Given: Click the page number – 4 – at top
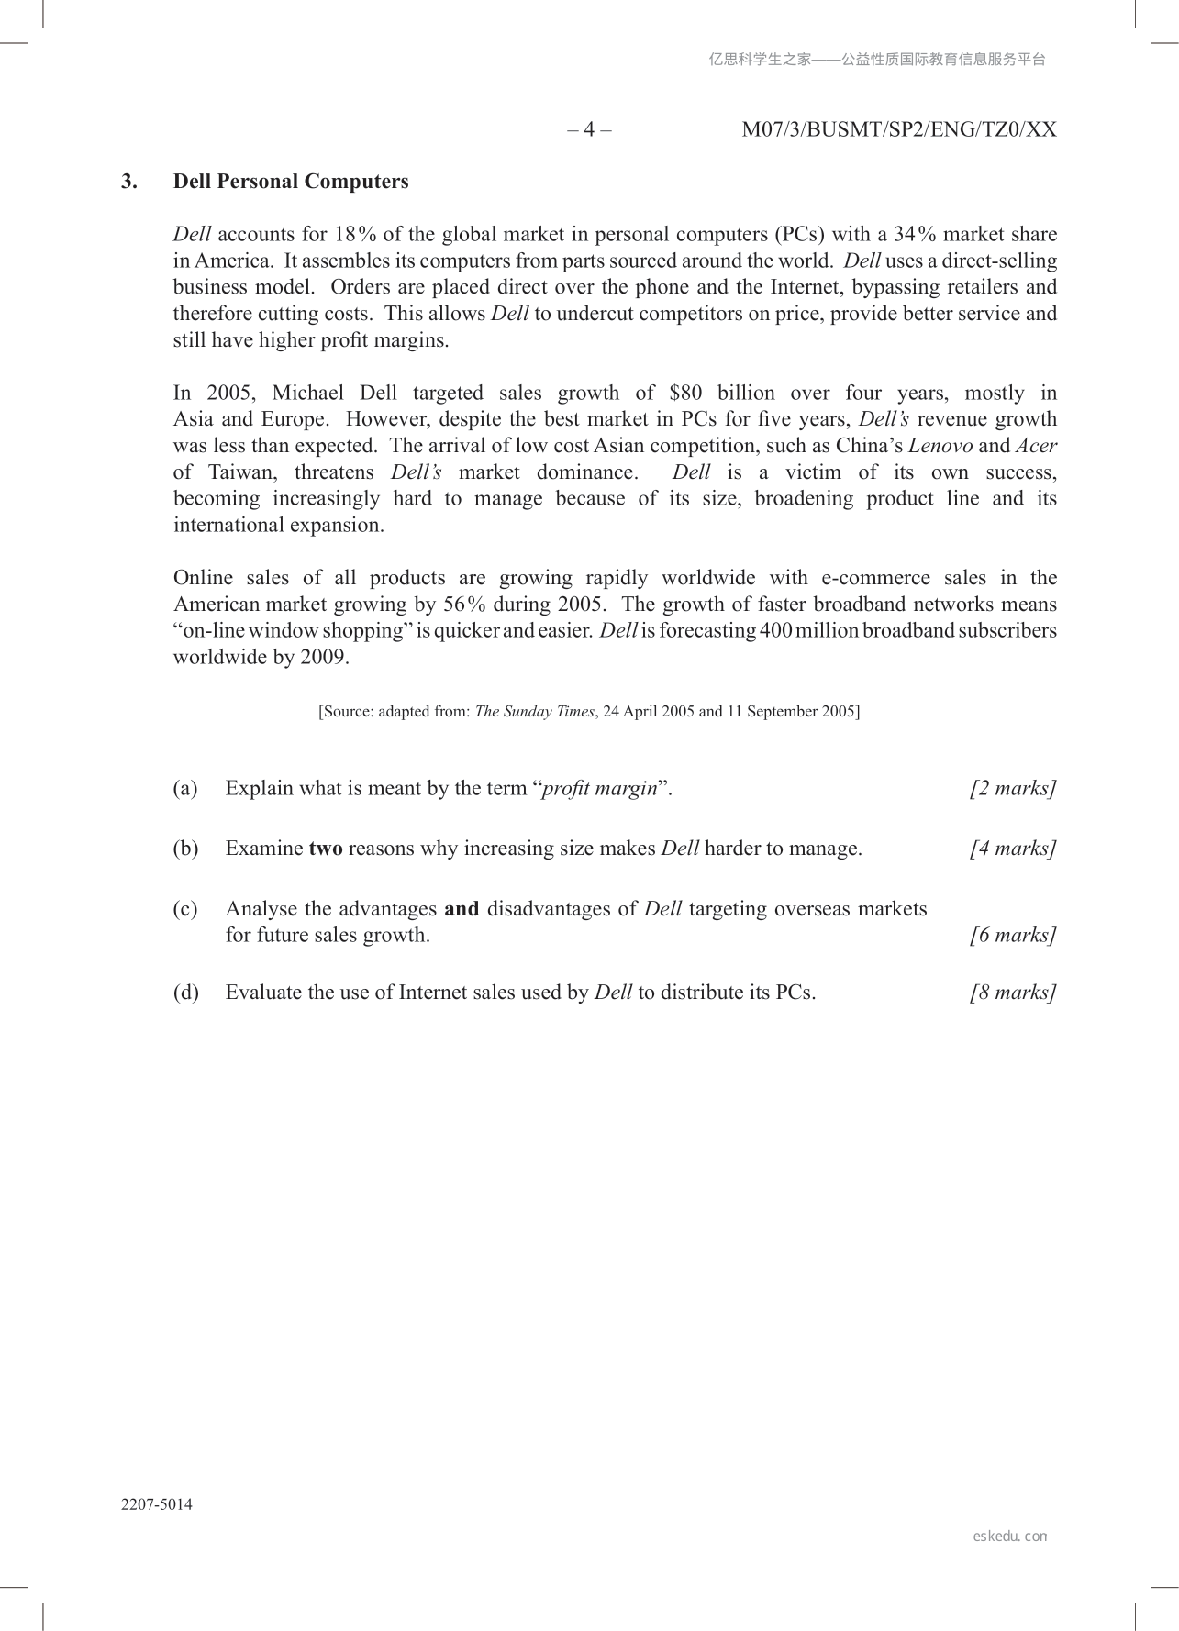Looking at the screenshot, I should coord(589,129).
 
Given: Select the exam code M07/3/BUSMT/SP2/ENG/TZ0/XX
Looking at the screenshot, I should coord(898,129).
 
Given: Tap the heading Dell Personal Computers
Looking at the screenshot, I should coord(291,182).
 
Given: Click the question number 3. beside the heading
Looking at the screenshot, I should coord(129,182).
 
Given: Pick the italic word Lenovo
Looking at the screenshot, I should coord(940,446).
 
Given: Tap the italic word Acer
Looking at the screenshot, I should coord(1036,446).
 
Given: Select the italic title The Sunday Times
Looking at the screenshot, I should coord(534,712).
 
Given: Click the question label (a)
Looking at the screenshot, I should coord(185,789).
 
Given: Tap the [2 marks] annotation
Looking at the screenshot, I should coord(1013,789).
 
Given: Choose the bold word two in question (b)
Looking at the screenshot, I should coord(326,849).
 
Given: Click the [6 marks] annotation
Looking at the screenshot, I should coord(1013,936).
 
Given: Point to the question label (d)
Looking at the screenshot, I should coord(185,993).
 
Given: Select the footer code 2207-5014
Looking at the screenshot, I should coord(157,1504).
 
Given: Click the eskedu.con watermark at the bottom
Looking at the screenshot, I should coord(1009,1536).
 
